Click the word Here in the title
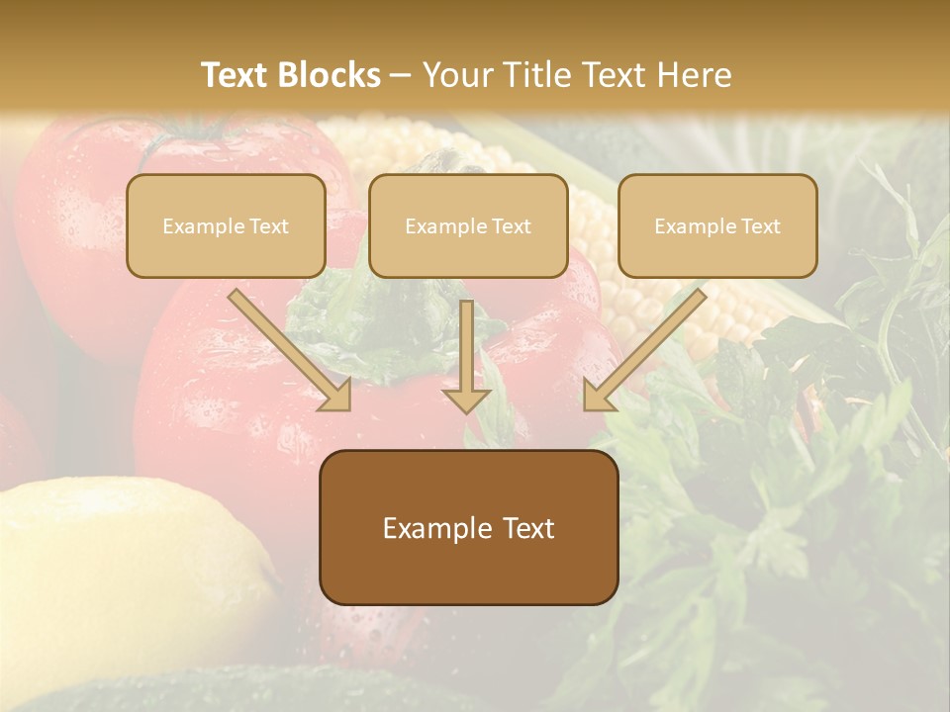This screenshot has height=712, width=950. (695, 75)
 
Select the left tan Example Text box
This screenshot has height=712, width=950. (226, 225)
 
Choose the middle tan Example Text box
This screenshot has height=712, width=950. (468, 225)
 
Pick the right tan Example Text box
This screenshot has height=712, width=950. (717, 225)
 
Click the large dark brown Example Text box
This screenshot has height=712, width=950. (468, 527)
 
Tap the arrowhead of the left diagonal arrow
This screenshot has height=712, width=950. (336, 396)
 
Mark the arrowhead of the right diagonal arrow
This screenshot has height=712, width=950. (598, 396)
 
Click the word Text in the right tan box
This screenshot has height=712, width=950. (759, 226)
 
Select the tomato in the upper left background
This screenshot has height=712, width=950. (79, 218)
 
